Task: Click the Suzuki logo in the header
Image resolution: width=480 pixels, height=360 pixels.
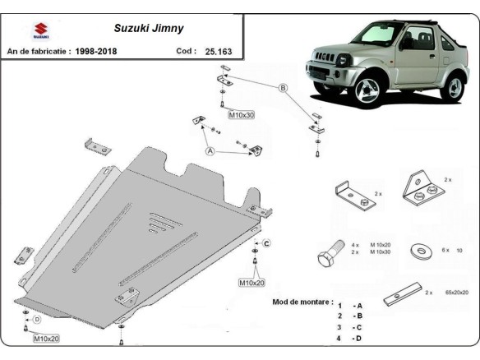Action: coord(39,30)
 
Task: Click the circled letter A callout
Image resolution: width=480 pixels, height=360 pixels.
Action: coord(210,152)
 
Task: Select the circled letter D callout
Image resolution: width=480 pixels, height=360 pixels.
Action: coord(35,319)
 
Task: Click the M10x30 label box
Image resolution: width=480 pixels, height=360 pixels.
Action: coord(241,114)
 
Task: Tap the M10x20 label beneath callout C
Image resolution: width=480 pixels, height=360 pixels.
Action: coord(252,282)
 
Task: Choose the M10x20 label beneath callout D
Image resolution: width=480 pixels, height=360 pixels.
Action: coord(47,338)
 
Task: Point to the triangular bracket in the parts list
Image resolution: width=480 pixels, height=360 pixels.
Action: coord(422,189)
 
